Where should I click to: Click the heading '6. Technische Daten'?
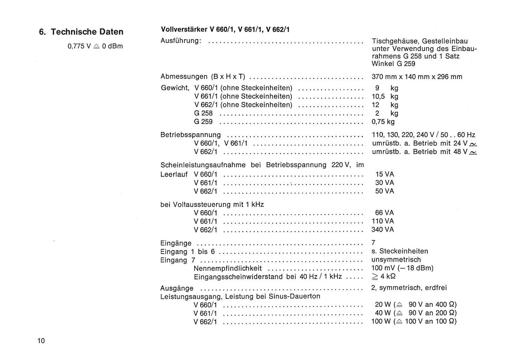pyautogui.click(x=81, y=32)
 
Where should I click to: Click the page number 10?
pyautogui.click(x=41, y=341)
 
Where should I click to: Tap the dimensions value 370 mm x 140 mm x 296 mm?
pyautogui.click(x=417, y=77)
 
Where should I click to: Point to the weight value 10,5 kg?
pyautogui.click(x=385, y=96)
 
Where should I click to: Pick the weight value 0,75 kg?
pyautogui.click(x=383, y=121)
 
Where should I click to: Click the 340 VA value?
pyautogui.click(x=383, y=230)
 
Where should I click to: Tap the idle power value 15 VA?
pyautogui.click(x=384, y=174)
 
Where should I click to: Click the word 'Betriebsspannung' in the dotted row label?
pyautogui.click(x=191, y=135)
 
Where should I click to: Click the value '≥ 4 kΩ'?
pyautogui.click(x=383, y=277)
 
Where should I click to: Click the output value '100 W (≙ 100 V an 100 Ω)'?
pyautogui.click(x=414, y=322)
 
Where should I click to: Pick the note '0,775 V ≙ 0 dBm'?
pyautogui.click(x=95, y=46)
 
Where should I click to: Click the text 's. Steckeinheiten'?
pyautogui.click(x=400, y=251)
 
